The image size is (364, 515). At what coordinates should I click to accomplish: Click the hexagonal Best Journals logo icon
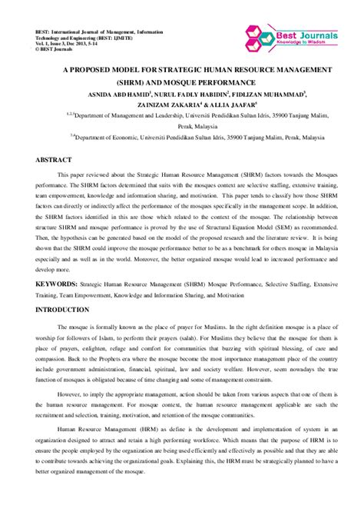[x=256, y=35]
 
